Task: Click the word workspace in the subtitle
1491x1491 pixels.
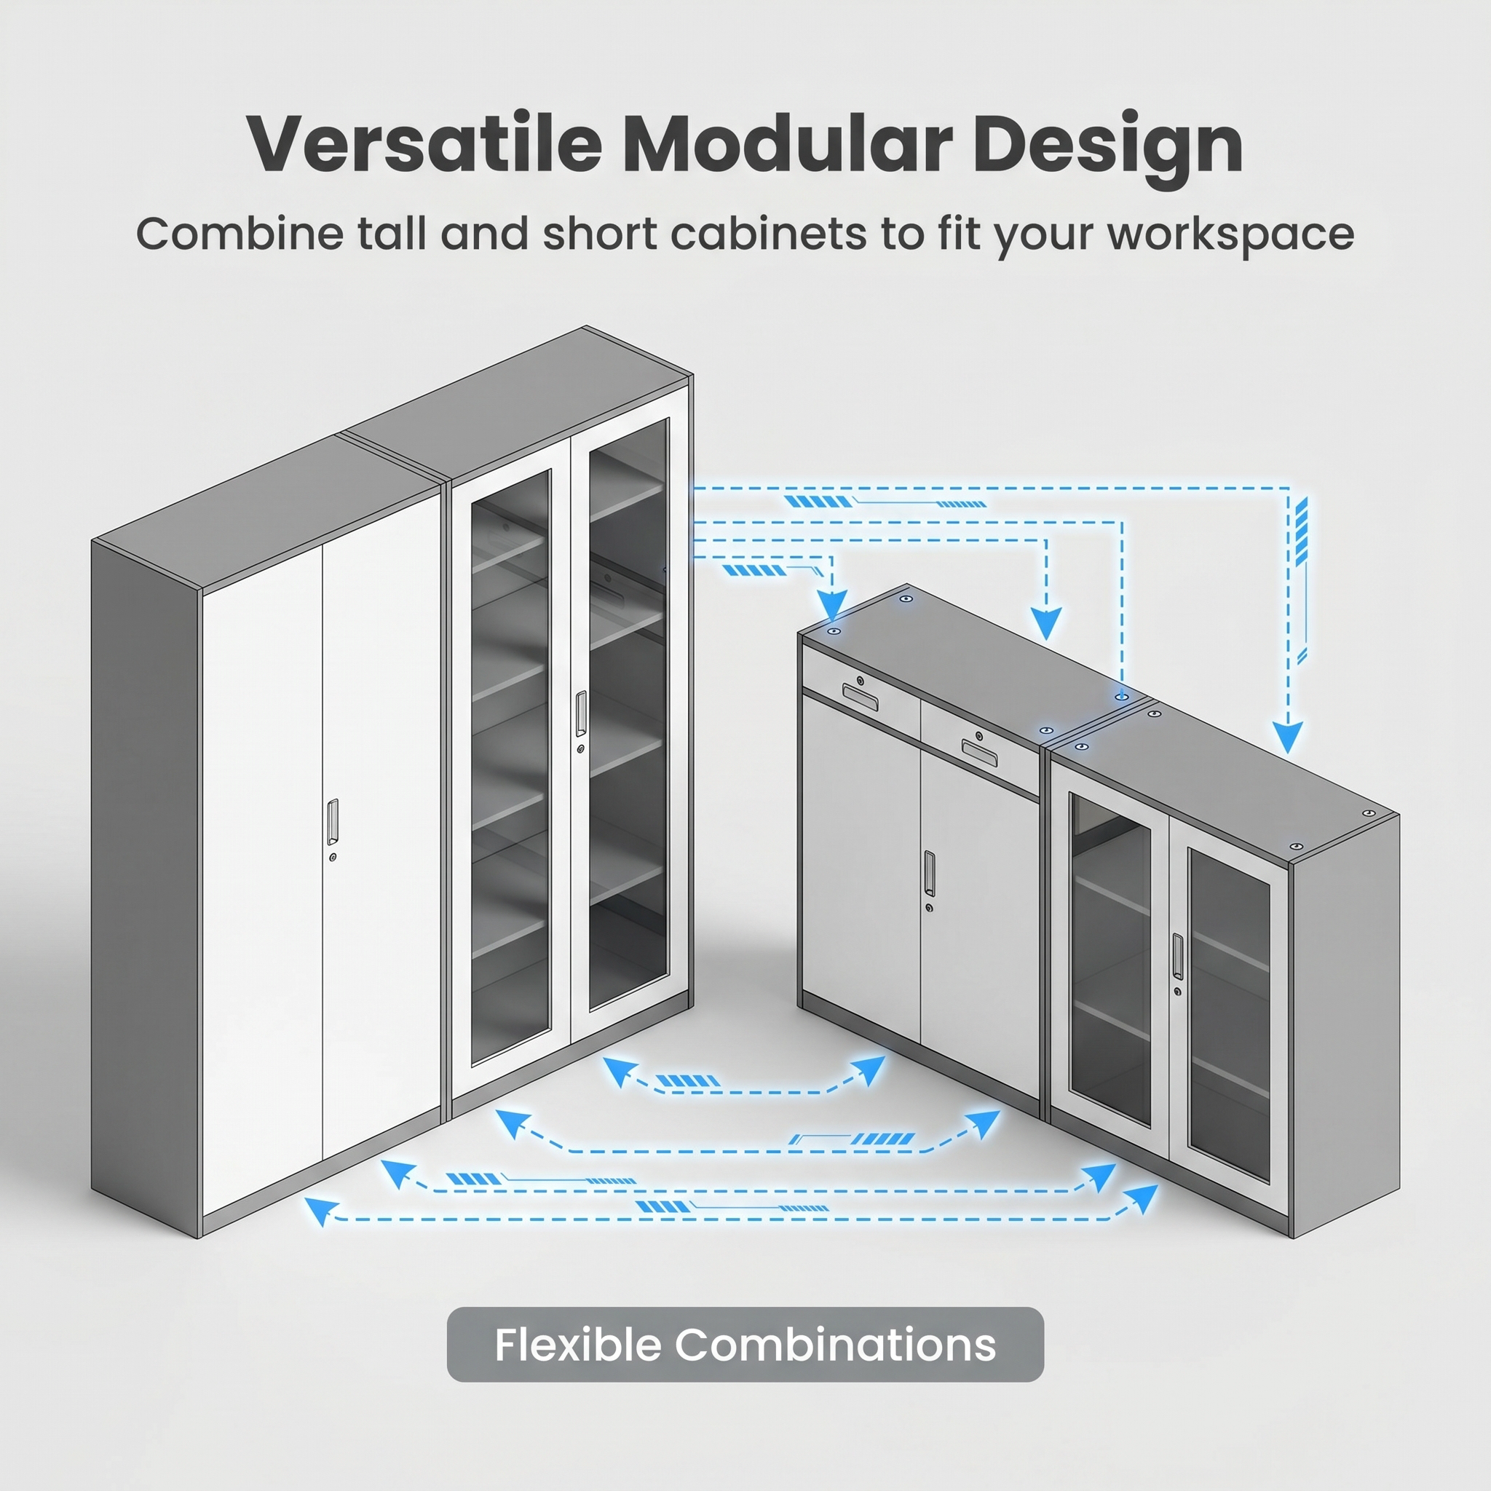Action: click(x=1231, y=234)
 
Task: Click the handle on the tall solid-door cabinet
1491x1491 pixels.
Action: click(x=333, y=821)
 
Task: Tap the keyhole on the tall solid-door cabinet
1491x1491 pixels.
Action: click(x=333, y=858)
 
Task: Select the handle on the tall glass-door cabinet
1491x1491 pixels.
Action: click(x=580, y=714)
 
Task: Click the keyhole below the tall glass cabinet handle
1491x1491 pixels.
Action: click(x=580, y=748)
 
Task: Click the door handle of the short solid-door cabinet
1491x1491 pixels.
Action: click(x=929, y=874)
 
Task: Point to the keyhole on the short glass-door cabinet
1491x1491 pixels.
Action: click(x=1178, y=991)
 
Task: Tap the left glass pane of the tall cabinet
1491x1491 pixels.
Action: click(x=510, y=768)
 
